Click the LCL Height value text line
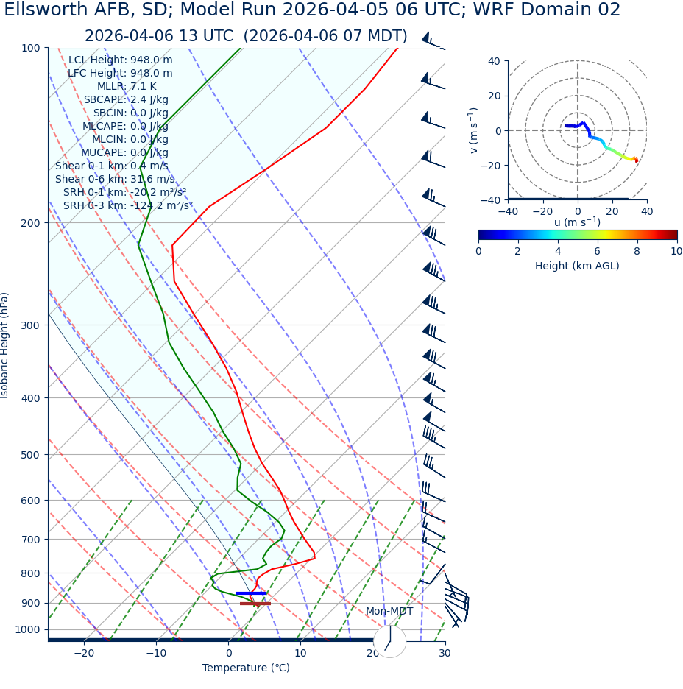[x=121, y=60]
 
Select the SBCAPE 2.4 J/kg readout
[x=126, y=99]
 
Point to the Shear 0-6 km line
[x=115, y=179]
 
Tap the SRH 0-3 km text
[x=128, y=205]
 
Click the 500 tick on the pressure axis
[x=30, y=455]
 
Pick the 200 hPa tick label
[x=30, y=222]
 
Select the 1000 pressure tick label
[x=27, y=629]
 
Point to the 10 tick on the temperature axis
[x=300, y=654]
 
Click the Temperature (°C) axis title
[x=246, y=668]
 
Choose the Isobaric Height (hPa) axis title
[x=5, y=345]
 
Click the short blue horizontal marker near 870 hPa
[x=251, y=593]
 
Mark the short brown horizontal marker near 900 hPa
[x=255, y=604]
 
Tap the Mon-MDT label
[x=389, y=611]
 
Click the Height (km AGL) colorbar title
[x=577, y=266]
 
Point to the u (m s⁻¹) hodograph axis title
[x=577, y=222]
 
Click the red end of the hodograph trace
[x=636, y=160]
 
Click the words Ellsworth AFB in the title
[x=60, y=10]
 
